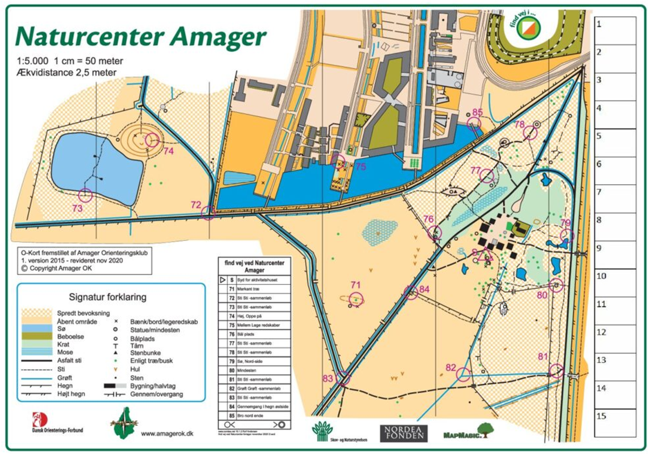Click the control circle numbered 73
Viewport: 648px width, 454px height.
click(85, 195)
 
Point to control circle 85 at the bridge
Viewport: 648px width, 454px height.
click(474, 124)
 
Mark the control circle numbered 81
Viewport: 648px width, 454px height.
click(556, 371)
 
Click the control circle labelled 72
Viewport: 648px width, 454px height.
click(208, 213)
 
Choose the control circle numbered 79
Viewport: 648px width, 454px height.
click(567, 236)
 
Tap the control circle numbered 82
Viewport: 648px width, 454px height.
click(463, 374)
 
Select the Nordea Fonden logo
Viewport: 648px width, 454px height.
click(403, 432)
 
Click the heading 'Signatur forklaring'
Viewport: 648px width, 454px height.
click(112, 297)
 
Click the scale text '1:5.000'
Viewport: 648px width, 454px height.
click(31, 61)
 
